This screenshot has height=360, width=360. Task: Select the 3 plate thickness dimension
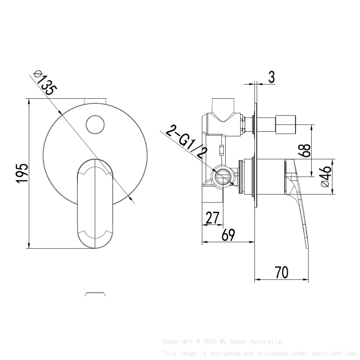(271, 78)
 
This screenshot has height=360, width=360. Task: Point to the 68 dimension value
(305, 151)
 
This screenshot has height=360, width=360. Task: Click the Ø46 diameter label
(325, 177)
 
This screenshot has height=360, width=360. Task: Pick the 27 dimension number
(212, 218)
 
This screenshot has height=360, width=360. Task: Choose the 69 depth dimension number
(228, 235)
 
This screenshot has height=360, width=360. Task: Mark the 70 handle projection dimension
(282, 272)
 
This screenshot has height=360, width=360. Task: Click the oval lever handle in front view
(95, 203)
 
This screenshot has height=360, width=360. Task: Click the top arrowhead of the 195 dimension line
(29, 102)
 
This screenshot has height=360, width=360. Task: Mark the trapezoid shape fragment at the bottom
(95, 294)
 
